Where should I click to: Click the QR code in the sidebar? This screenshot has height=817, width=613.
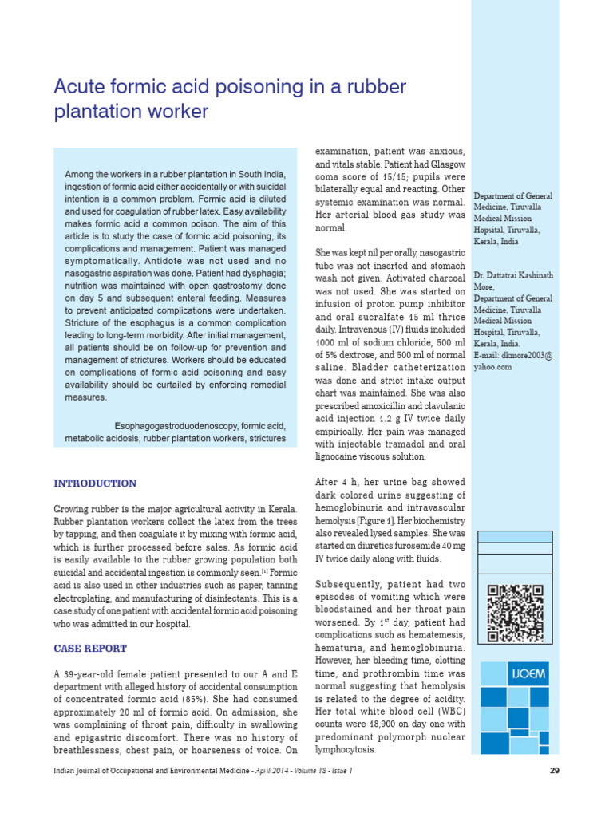(x=515, y=614)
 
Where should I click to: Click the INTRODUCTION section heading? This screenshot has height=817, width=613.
(x=94, y=483)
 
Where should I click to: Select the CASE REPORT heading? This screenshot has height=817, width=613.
(x=89, y=649)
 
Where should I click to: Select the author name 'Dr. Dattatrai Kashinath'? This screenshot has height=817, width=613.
(x=512, y=275)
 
